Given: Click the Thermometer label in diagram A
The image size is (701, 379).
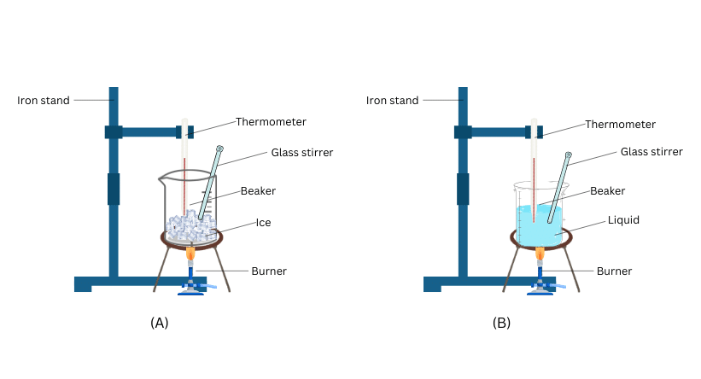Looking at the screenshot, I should (x=271, y=122).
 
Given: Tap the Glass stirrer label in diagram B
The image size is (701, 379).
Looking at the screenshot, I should (x=651, y=152).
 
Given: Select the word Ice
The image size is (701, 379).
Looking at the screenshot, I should (x=264, y=223).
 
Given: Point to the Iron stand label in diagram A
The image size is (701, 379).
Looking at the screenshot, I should (x=44, y=100).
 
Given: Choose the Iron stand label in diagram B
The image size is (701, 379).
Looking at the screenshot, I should (x=392, y=100).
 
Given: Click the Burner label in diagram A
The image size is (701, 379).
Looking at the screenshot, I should (x=268, y=271).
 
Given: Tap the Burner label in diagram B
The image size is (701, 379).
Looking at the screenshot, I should (x=614, y=271).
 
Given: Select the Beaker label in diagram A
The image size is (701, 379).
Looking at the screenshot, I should (x=258, y=190).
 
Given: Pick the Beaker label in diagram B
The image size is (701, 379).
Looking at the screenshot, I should (x=608, y=191).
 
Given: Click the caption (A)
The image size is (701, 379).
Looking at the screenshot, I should (x=159, y=323).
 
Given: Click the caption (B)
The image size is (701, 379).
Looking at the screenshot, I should (x=501, y=323).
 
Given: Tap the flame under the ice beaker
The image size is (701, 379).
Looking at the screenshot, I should (x=190, y=254).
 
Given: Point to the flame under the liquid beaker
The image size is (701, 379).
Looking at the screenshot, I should (x=540, y=254).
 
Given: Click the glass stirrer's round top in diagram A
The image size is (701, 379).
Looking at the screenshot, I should (x=219, y=149).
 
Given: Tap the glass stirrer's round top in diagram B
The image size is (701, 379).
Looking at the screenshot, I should (x=569, y=156).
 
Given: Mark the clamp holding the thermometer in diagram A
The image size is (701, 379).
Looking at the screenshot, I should (x=184, y=131).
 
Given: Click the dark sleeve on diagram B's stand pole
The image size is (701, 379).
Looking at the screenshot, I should (x=463, y=189).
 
